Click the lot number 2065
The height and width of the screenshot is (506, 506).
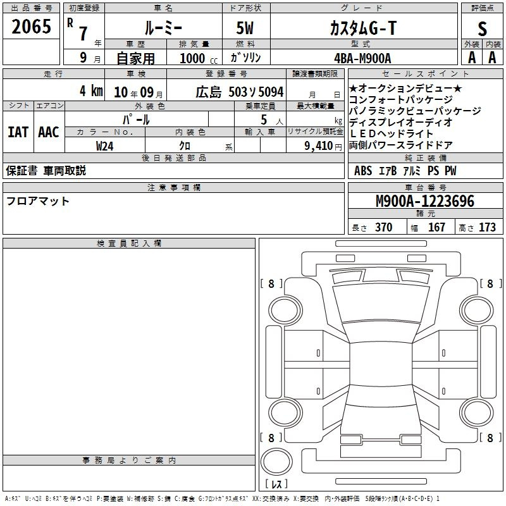pyautogui.click(x=31, y=27)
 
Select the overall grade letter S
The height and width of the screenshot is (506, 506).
pyautogui.click(x=482, y=28)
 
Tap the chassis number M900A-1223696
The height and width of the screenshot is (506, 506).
pyautogui.click(x=425, y=201)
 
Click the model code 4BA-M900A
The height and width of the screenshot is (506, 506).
pyautogui.click(x=362, y=58)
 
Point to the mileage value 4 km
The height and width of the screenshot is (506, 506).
pyautogui.click(x=91, y=90)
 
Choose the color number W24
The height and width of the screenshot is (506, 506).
pyautogui.click(x=104, y=146)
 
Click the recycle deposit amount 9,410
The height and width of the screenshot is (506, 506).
pyautogui.click(x=319, y=146)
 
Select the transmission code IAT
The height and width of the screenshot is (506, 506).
pyautogui.click(x=18, y=132)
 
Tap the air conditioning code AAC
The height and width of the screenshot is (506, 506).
pyautogui.click(x=49, y=132)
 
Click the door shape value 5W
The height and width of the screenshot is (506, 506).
pyautogui.click(x=245, y=28)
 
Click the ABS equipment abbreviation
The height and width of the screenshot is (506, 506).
pyautogui.click(x=363, y=171)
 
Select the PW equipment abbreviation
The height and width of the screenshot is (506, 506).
pyautogui.click(x=450, y=171)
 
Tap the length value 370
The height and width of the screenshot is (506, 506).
pyautogui.click(x=384, y=227)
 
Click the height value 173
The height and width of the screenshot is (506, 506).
pyautogui.click(x=487, y=227)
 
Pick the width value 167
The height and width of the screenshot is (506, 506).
pyautogui.click(x=436, y=227)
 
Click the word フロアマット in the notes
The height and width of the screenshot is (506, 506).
pyautogui.click(x=38, y=201)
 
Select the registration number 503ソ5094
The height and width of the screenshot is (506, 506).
pyautogui.click(x=256, y=92)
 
